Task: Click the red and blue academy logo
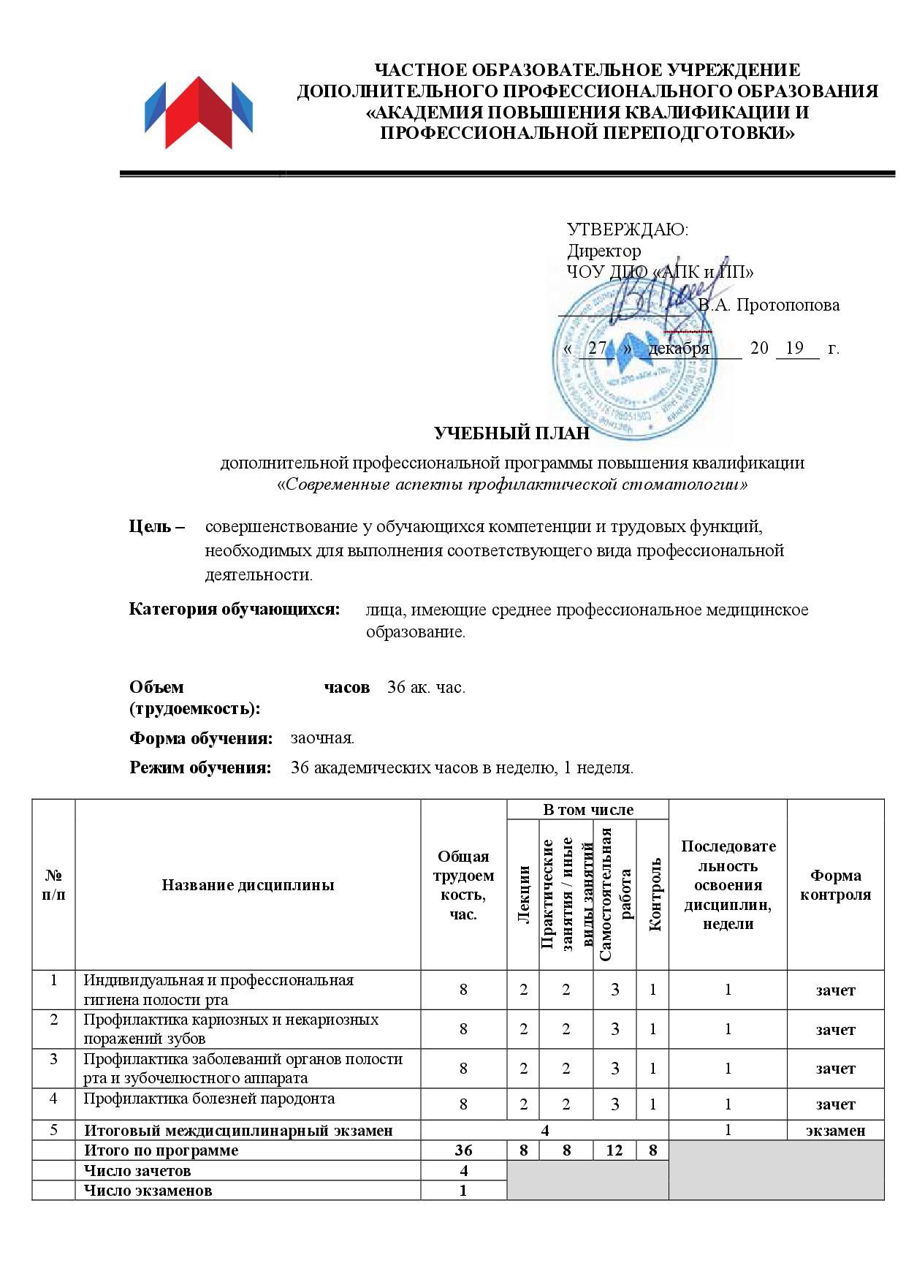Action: [198, 113]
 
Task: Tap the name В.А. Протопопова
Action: [769, 306]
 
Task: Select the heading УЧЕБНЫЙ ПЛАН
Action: [511, 433]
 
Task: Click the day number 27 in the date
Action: [597, 348]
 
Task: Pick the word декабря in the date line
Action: [679, 348]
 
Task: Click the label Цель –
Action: [157, 526]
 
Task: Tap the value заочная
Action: [322, 738]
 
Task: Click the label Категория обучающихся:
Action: [235, 610]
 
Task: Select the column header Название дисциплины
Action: [248, 885]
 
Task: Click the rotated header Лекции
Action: [523, 893]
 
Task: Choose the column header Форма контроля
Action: [835, 885]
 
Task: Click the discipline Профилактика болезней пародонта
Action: [209, 1099]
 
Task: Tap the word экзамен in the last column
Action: [835, 1131]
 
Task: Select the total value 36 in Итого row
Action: [463, 1150]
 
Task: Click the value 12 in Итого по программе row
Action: [614, 1150]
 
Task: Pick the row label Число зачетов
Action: [137, 1170]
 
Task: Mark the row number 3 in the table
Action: [54, 1059]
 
